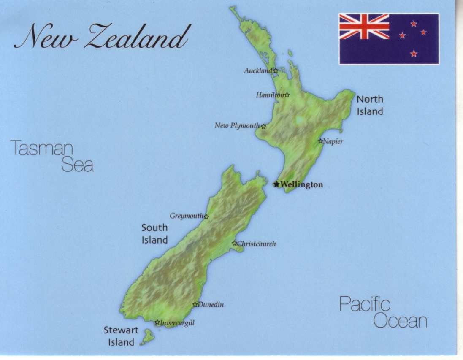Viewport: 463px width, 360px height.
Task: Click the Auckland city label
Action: pyautogui.click(x=258, y=71)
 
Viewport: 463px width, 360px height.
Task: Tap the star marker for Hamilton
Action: pyautogui.click(x=287, y=95)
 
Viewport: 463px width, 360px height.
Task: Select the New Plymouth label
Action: pyautogui.click(x=237, y=126)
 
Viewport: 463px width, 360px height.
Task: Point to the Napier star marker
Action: pyautogui.click(x=320, y=141)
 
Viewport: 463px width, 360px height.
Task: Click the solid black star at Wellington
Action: pyautogui.click(x=276, y=184)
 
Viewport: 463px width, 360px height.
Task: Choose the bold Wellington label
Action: pyautogui.click(x=302, y=184)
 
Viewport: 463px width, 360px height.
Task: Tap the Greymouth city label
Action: pyautogui.click(x=187, y=216)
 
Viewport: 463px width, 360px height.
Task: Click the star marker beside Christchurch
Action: pyautogui.click(x=235, y=243)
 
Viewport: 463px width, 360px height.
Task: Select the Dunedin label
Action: pyautogui.click(x=211, y=305)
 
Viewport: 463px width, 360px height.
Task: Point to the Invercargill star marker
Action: pyautogui.click(x=157, y=322)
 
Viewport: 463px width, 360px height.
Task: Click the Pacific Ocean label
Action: pyautogui.click(x=383, y=313)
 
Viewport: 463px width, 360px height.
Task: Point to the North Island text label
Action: pyautogui.click(x=370, y=105)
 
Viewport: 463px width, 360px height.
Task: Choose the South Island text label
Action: pyautogui.click(x=154, y=234)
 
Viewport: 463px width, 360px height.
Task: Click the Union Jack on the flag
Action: pyautogui.click(x=364, y=26)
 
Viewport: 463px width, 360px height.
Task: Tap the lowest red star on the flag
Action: pyautogui.click(x=414, y=54)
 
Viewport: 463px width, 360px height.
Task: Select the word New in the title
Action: pyautogui.click(x=45, y=37)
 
